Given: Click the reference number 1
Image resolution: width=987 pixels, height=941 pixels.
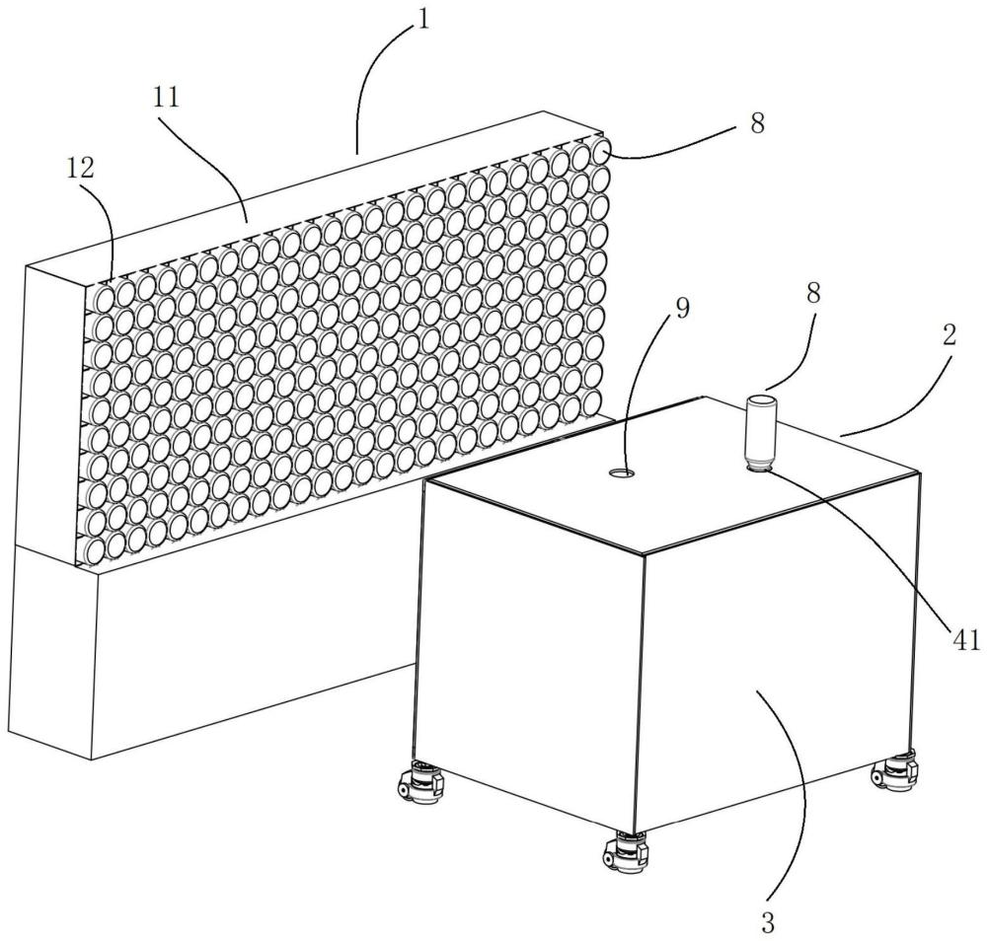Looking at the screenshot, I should [x=421, y=20].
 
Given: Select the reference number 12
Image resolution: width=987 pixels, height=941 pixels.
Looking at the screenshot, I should [x=81, y=168].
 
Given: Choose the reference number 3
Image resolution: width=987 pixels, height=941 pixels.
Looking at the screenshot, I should [x=769, y=924].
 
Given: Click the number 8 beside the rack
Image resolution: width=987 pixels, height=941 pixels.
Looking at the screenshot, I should [x=758, y=124].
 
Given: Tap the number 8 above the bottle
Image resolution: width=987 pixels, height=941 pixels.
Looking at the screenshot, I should [x=787, y=293].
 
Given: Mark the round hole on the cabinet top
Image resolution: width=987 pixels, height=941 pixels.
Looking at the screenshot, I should [x=623, y=473].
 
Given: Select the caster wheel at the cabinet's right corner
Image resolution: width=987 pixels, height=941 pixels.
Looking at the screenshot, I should [x=896, y=769].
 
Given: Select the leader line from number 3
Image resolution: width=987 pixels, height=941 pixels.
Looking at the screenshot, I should [x=790, y=789].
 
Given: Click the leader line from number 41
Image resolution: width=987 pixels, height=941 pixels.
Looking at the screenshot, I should [x=888, y=552].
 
